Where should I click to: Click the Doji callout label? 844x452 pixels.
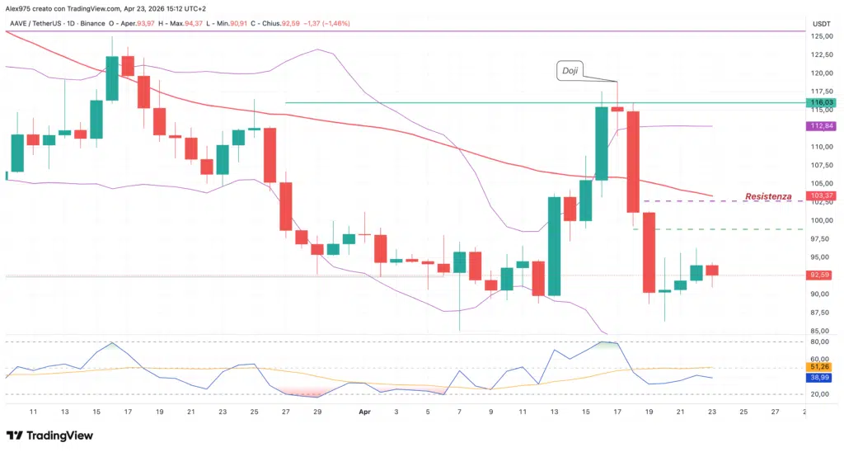570,71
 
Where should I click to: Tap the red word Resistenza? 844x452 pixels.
768,197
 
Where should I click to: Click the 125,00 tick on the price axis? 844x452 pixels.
819,36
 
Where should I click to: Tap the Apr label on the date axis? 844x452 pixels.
364,411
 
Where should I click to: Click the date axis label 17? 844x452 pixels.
617,411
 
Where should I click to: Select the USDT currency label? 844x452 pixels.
820,23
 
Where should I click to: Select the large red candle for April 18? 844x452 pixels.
633,162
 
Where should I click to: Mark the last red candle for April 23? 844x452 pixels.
712,271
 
